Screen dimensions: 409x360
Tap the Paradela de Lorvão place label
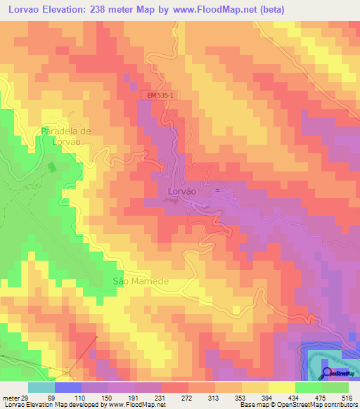point(67,136)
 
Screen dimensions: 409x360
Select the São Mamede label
point(141,281)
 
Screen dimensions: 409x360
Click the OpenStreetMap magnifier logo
point(328,374)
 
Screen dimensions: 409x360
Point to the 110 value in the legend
point(82,398)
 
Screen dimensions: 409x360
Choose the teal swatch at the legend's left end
point(41,387)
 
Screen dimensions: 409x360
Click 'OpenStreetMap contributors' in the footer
point(324,405)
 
